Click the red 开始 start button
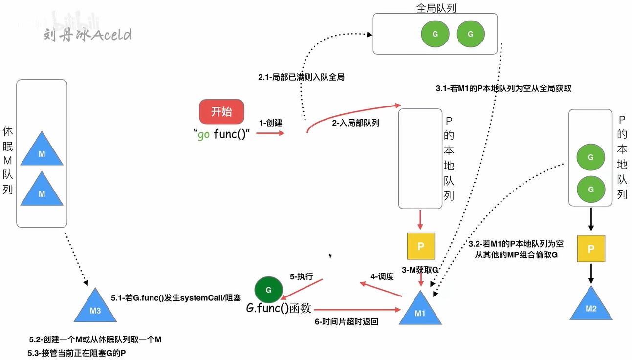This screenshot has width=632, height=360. [221, 112]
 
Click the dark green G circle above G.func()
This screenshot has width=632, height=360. [269, 290]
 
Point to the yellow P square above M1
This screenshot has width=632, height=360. [421, 246]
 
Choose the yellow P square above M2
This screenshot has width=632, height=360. [591, 249]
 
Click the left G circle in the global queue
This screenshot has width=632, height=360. [435, 34]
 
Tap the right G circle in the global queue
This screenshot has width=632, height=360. [470, 34]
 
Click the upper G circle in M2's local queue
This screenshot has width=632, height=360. [590, 157]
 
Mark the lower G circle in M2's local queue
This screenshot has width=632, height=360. [591, 189]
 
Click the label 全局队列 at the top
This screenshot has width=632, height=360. [436, 8]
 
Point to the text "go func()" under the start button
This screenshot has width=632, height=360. [221, 134]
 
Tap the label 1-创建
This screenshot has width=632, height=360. [271, 123]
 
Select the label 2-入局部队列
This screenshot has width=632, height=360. [356, 123]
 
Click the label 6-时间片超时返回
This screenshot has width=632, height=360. [347, 322]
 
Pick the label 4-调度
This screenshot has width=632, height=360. [382, 276]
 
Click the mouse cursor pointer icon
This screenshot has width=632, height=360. [330, 255]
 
